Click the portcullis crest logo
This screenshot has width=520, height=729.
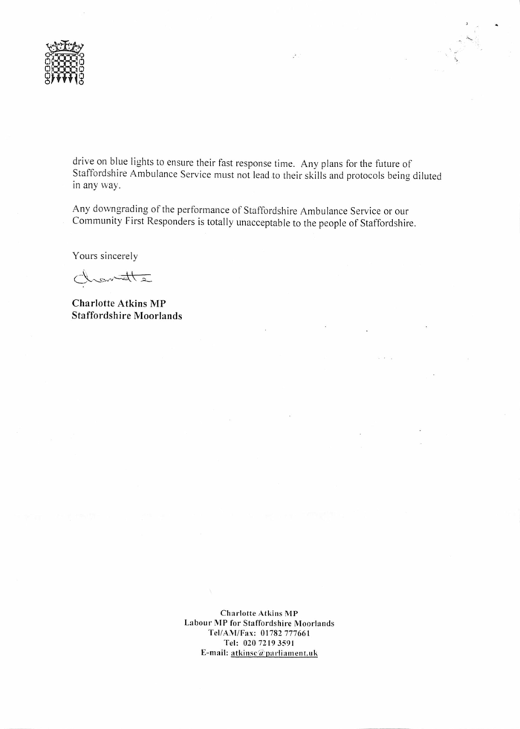point(64,63)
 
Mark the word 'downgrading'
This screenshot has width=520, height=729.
point(121,210)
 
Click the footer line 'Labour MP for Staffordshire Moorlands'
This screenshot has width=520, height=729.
point(259,622)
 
